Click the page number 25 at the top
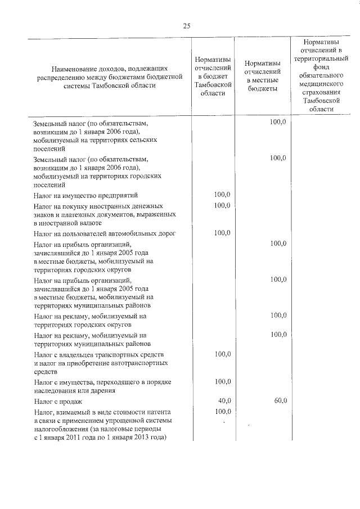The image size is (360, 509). (x=187, y=25)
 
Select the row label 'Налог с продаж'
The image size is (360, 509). (x=58, y=402)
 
